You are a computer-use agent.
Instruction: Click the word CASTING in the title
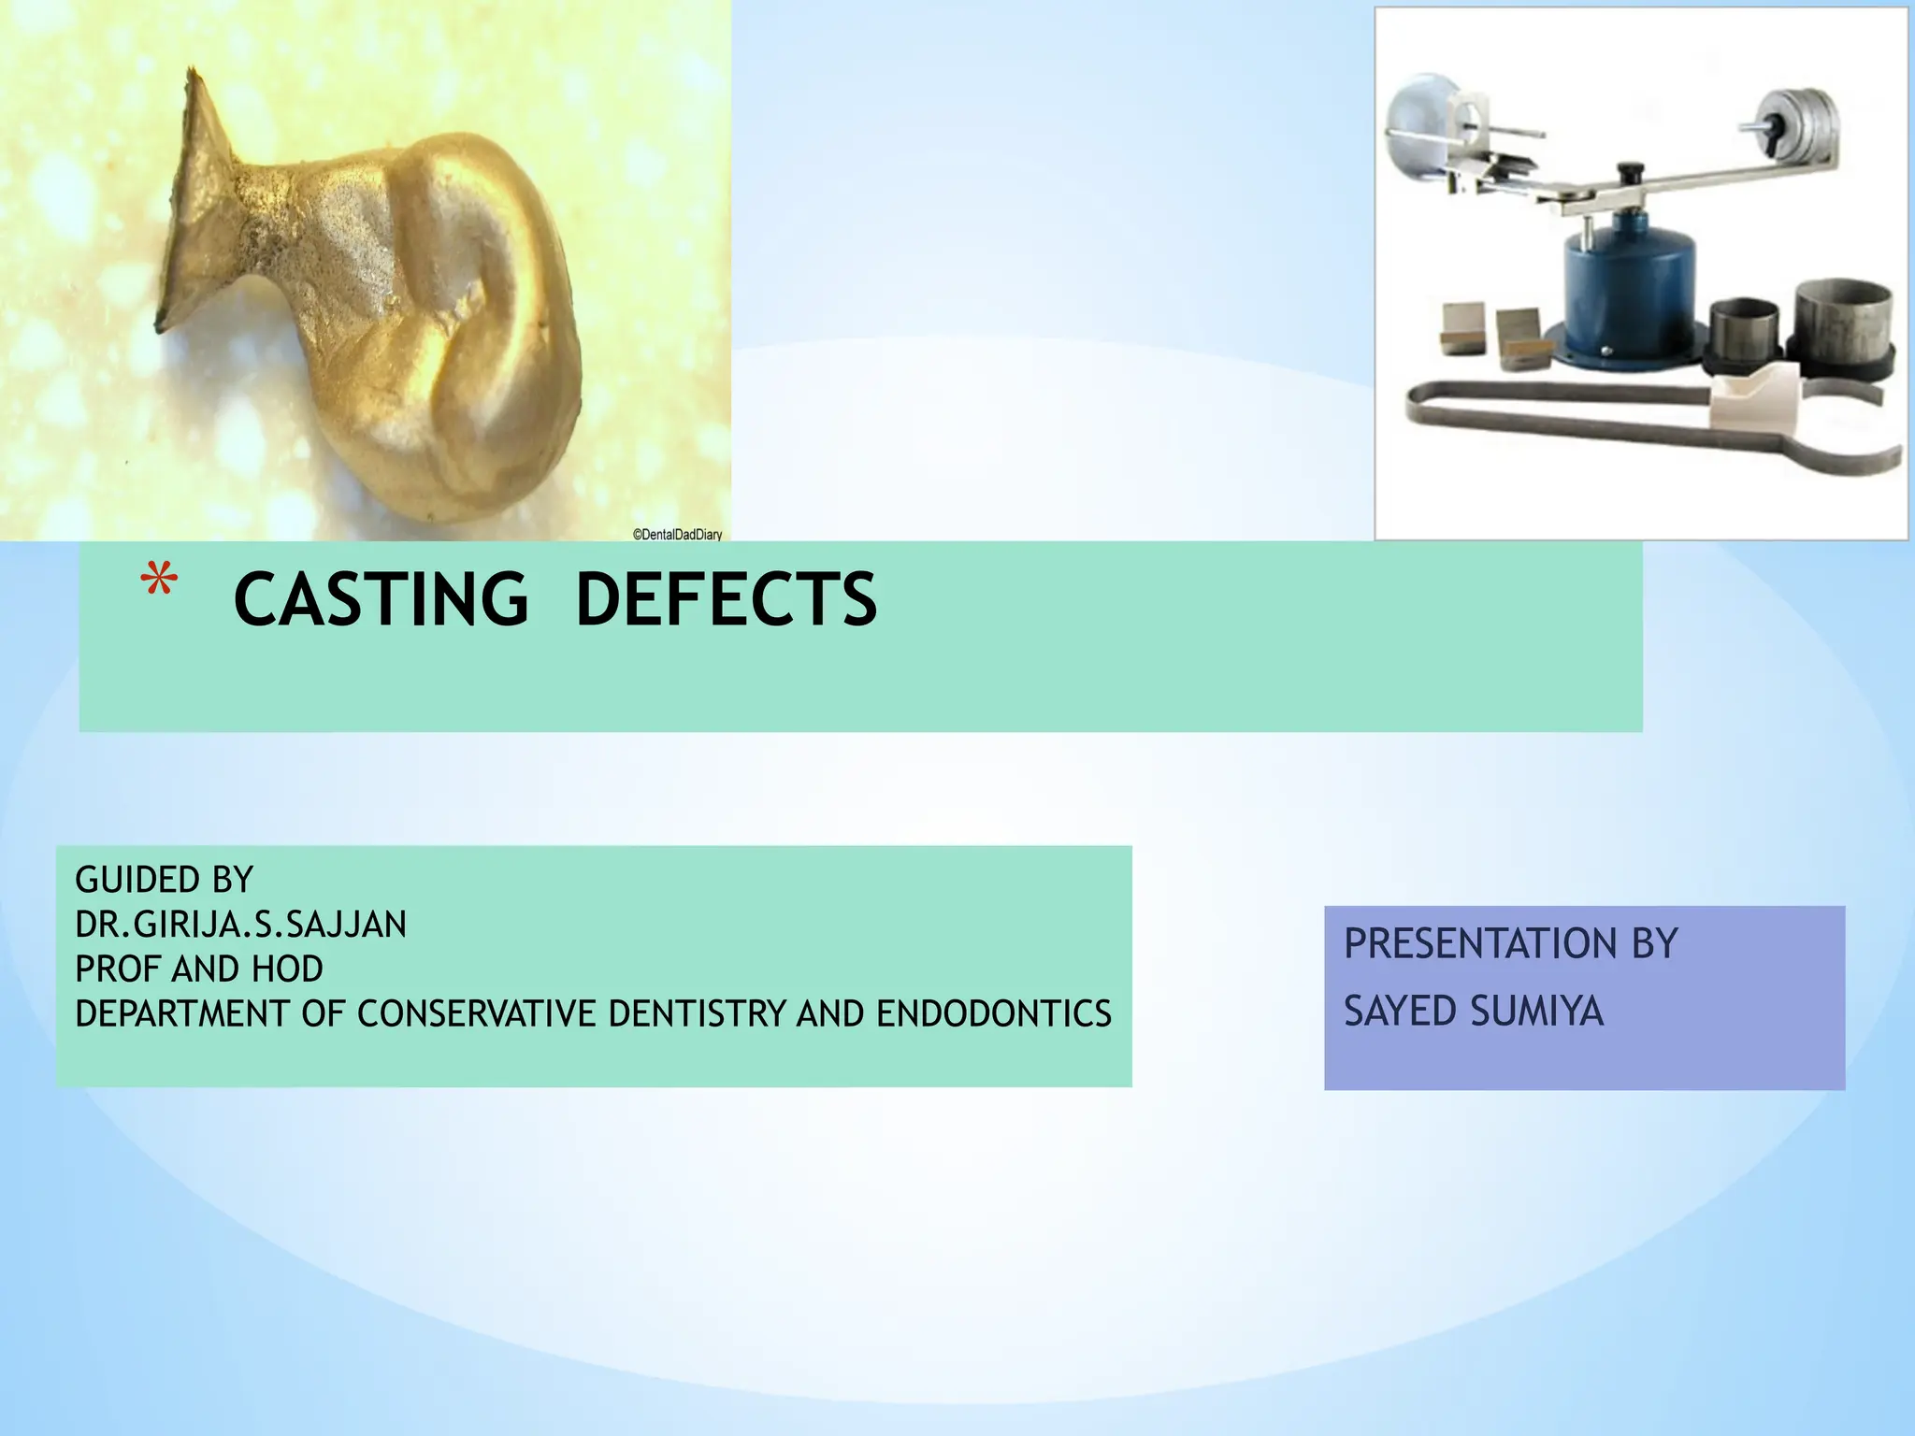[x=381, y=599]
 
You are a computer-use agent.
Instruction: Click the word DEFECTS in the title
[x=726, y=599]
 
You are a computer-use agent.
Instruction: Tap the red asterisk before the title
[x=159, y=582]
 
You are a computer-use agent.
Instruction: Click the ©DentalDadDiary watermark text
[x=677, y=535]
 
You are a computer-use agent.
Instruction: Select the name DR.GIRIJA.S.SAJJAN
[x=240, y=925]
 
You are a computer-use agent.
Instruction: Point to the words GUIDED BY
[x=164, y=880]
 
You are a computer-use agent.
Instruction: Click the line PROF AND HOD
[x=199, y=969]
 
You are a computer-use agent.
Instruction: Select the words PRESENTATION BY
[x=1510, y=943]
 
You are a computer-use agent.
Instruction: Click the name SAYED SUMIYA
[x=1473, y=1011]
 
